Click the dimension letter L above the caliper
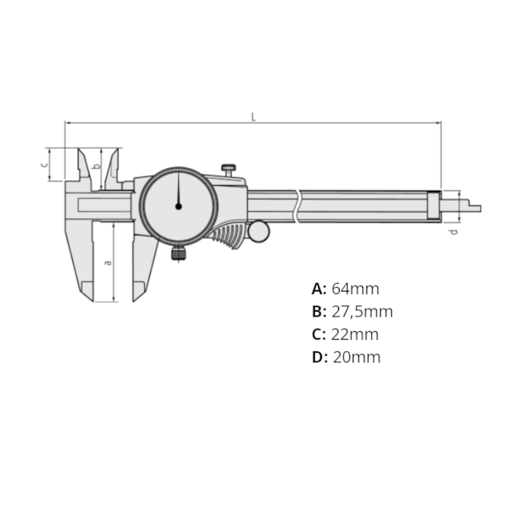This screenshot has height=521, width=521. [253, 116]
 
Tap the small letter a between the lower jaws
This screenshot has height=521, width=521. [108, 261]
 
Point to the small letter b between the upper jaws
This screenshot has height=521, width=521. [96, 166]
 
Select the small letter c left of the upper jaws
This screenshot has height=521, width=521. [45, 164]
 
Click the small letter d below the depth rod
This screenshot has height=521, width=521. [453, 232]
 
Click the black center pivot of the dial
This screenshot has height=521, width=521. [178, 206]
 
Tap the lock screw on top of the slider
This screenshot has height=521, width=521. [229, 169]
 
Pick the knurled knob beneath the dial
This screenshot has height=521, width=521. [178, 254]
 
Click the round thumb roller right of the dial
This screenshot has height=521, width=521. [258, 231]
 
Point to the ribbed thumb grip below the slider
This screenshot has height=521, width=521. [228, 236]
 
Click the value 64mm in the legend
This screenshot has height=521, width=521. [355, 289]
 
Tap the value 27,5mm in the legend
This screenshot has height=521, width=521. [361, 312]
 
